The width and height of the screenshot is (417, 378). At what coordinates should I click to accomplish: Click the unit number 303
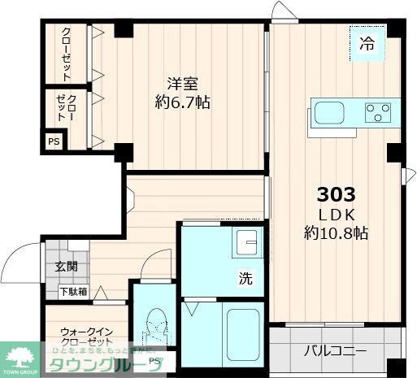coord(335,195)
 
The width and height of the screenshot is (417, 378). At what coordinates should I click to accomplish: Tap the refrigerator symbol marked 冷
coord(367,45)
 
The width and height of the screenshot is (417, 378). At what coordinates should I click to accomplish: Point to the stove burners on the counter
coord(376,112)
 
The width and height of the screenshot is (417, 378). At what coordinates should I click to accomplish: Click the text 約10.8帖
coord(334,233)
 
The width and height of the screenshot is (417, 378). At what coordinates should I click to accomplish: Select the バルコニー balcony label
coord(336,353)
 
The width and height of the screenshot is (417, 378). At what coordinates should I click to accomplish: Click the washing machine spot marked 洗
coord(245,277)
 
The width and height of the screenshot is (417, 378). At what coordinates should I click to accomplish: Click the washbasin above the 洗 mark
coord(245,241)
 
